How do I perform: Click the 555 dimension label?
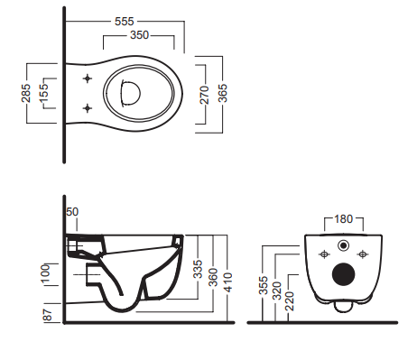tap(125, 22)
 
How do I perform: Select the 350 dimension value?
tap(139, 35)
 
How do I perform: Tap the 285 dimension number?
tap(26, 93)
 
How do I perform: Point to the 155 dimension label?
tap(43, 93)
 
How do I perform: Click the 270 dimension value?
tap(205, 95)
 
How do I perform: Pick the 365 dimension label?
tap(223, 93)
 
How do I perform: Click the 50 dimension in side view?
tap(72, 212)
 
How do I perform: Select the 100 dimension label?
tap(45, 273)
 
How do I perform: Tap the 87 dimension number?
tap(48, 315)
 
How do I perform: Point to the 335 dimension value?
tap(198, 269)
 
